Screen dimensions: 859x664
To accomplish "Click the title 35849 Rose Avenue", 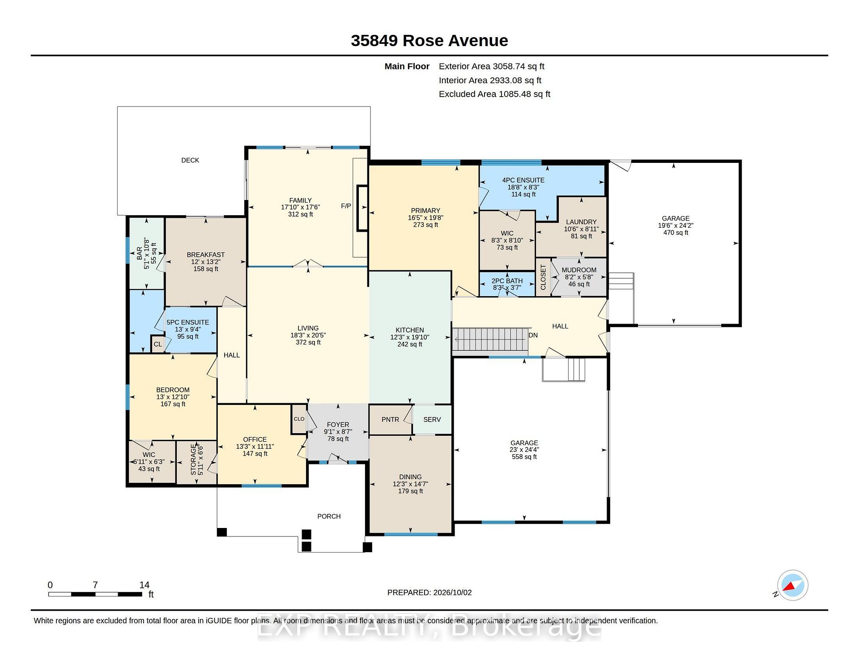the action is coord(429,41).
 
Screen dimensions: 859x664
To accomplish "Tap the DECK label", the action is coord(190,160).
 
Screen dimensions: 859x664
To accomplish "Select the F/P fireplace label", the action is coord(346,206).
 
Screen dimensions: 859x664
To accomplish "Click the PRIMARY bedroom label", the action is coord(425,211).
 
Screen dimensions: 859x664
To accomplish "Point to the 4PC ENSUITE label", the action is coord(523,180).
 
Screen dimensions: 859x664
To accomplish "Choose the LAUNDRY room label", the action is coord(581,222).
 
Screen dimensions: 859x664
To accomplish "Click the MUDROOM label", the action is coord(579,270).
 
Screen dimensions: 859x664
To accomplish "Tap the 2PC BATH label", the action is coord(507,281).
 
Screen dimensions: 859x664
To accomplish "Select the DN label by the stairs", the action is coord(533,335).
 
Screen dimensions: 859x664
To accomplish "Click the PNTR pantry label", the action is coord(390,420).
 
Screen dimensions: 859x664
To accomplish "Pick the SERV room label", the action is coord(432,420).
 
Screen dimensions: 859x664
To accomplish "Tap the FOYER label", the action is coord(338,425).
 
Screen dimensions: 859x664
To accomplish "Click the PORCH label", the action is coord(329,516).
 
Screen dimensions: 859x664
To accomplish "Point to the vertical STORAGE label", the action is coord(193,460).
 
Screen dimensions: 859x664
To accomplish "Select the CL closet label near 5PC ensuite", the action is coord(157,345).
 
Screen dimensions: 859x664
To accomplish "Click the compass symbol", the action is coord(792,585).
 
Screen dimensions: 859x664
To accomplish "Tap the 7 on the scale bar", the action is coord(95,585).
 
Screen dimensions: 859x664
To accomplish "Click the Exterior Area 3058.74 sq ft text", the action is coord(491,66).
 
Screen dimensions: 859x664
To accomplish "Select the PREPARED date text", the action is coord(429,592).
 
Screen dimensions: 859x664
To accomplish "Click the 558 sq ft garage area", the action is coord(524,457).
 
